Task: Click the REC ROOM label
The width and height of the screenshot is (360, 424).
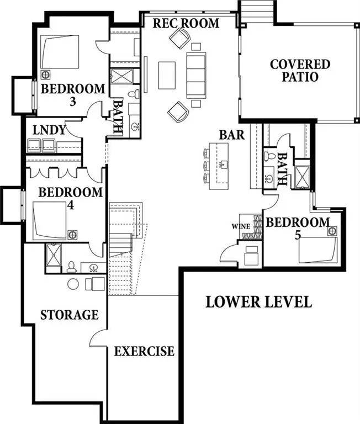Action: coord(186,23)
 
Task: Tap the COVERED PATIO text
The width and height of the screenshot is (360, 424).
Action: coord(300,70)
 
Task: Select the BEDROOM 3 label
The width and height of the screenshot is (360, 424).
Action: coord(73,94)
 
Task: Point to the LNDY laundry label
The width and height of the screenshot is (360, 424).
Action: coord(50,131)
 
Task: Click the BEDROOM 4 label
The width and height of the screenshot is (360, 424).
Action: coord(70,198)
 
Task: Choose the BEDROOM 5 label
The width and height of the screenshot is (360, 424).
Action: coord(298,229)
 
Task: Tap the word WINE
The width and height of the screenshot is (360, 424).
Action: coord(241,226)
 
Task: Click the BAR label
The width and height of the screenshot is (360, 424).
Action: coord(232,135)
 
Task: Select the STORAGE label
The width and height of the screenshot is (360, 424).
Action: coord(70,315)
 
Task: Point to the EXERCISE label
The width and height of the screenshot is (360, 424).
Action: coord(144,351)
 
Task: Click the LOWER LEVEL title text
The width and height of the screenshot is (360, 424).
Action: coord(258,302)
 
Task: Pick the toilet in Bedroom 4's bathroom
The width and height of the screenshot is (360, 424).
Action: coord(71,267)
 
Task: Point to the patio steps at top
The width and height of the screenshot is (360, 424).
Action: coord(256,11)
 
